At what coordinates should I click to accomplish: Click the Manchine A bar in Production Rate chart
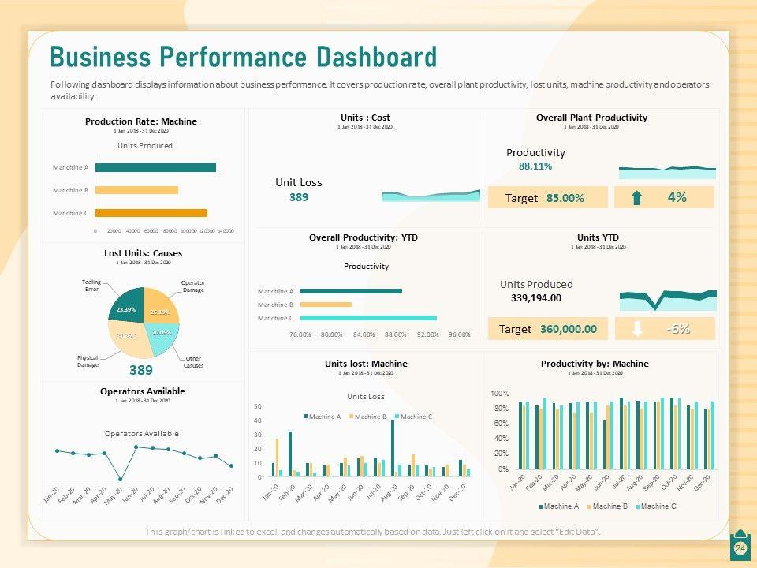(x=155, y=167)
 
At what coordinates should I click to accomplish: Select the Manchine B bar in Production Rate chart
(x=136, y=190)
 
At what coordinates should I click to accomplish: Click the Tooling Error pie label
(x=91, y=286)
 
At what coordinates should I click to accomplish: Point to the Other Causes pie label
(x=193, y=362)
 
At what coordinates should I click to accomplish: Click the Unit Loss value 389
(x=298, y=197)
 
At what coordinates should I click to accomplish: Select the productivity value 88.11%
(x=535, y=166)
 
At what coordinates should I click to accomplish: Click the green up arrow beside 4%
(x=636, y=198)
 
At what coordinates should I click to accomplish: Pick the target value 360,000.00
(x=569, y=329)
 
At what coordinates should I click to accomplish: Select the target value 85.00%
(x=565, y=198)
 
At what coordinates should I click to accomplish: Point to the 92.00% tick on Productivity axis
(x=427, y=334)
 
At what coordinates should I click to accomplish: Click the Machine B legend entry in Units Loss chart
(x=369, y=417)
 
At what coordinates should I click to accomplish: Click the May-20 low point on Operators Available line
(x=120, y=479)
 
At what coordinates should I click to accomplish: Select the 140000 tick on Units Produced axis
(x=226, y=231)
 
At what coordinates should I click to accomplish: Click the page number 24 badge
(x=740, y=548)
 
